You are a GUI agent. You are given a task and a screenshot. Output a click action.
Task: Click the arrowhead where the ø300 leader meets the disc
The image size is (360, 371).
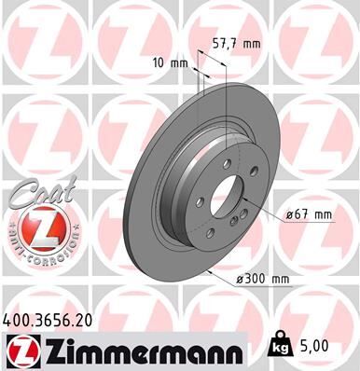point(209,272)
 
